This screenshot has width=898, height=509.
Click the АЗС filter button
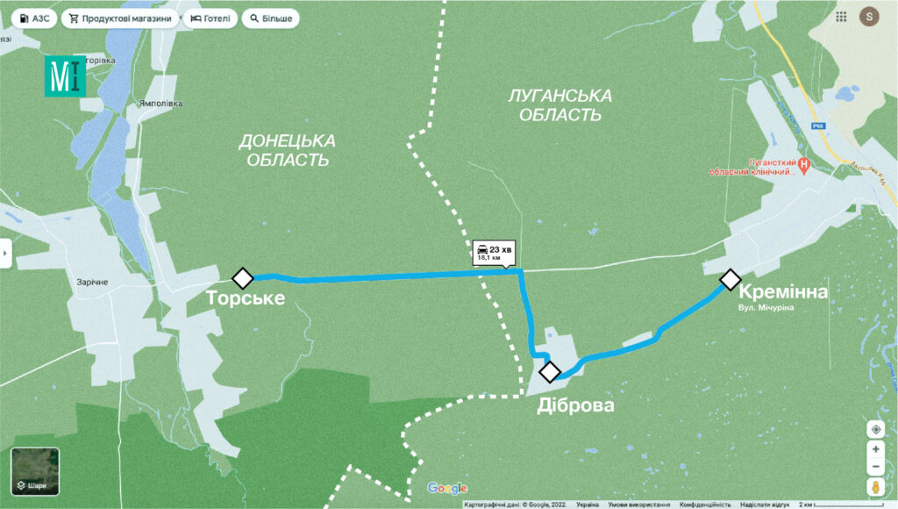click(x=34, y=18)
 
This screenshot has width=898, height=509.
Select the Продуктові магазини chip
click(x=119, y=18)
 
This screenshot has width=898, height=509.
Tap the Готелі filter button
click(x=210, y=18)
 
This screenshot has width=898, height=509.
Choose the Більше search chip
click(x=270, y=18)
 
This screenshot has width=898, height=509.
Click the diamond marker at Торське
click(x=243, y=278)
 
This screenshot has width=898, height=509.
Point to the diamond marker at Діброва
click(x=550, y=372)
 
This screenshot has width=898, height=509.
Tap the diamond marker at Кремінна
click(x=730, y=280)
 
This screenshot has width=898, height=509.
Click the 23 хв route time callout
click(x=494, y=253)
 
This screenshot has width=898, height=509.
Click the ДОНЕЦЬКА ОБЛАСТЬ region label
click(x=288, y=150)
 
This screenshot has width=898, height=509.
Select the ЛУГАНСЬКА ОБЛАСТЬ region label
click(x=560, y=104)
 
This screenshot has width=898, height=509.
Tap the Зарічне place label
click(x=91, y=282)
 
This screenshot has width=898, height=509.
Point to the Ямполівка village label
click(x=160, y=103)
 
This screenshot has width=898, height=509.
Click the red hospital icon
click(x=805, y=163)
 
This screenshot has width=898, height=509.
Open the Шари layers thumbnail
click(x=35, y=472)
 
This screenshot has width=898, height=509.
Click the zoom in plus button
click(x=875, y=449)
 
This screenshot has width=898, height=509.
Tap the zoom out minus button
click(x=875, y=467)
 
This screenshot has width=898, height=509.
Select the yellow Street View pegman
click(x=875, y=487)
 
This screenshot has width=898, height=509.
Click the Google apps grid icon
click(x=841, y=16)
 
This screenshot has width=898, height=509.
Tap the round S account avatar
click(x=868, y=16)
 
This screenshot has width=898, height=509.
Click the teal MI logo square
click(x=66, y=76)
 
